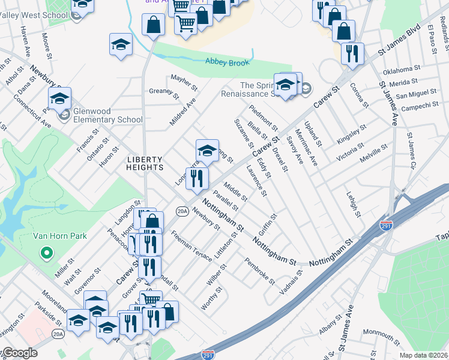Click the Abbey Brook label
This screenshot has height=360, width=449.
(226, 61)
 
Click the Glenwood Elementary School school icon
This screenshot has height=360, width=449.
(60, 98)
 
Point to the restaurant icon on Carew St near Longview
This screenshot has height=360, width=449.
(196, 178)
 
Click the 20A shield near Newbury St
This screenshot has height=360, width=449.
(182, 211)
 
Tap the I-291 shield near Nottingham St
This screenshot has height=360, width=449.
(387, 226)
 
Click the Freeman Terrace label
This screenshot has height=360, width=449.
(191, 247)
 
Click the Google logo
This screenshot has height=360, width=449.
(20, 353)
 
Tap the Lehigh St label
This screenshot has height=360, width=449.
(353, 205)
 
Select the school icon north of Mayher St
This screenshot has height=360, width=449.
(121, 44)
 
